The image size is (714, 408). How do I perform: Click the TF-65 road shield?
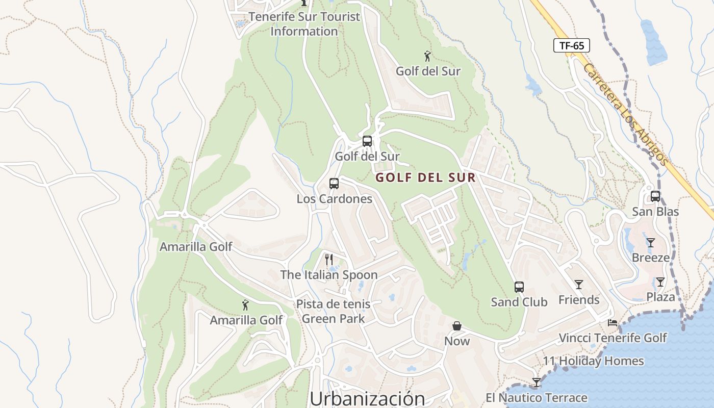coord(571,45)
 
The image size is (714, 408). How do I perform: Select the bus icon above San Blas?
coord(655,196)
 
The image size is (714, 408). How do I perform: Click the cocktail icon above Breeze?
coord(650,242)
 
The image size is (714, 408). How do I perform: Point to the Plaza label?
coord(660,297)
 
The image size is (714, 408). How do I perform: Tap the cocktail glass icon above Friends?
coord(579,285)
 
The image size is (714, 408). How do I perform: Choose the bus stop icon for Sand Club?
coord(519,287)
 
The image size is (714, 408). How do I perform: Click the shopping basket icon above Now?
coord(457,326)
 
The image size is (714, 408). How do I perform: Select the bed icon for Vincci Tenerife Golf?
coord(613,323)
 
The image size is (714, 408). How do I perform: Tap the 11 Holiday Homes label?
coord(593,361)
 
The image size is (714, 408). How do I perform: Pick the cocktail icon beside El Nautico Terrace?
coord(536,382)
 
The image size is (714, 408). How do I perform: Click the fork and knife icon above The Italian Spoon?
coord(329,260)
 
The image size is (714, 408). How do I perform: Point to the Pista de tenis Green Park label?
coord(334,312)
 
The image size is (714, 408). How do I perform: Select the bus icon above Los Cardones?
coord(334,184)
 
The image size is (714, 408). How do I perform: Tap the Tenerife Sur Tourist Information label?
coord(304,24)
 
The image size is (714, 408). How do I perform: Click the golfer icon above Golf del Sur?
coord(427,56)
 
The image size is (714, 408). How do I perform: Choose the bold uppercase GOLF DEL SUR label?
coord(425,178)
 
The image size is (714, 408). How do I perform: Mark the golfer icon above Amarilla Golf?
coord(245,305)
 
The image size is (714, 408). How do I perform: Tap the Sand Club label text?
coord(519,302)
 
